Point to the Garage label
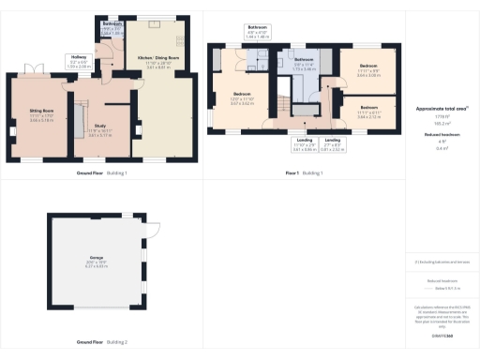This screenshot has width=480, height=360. click(97, 262)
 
